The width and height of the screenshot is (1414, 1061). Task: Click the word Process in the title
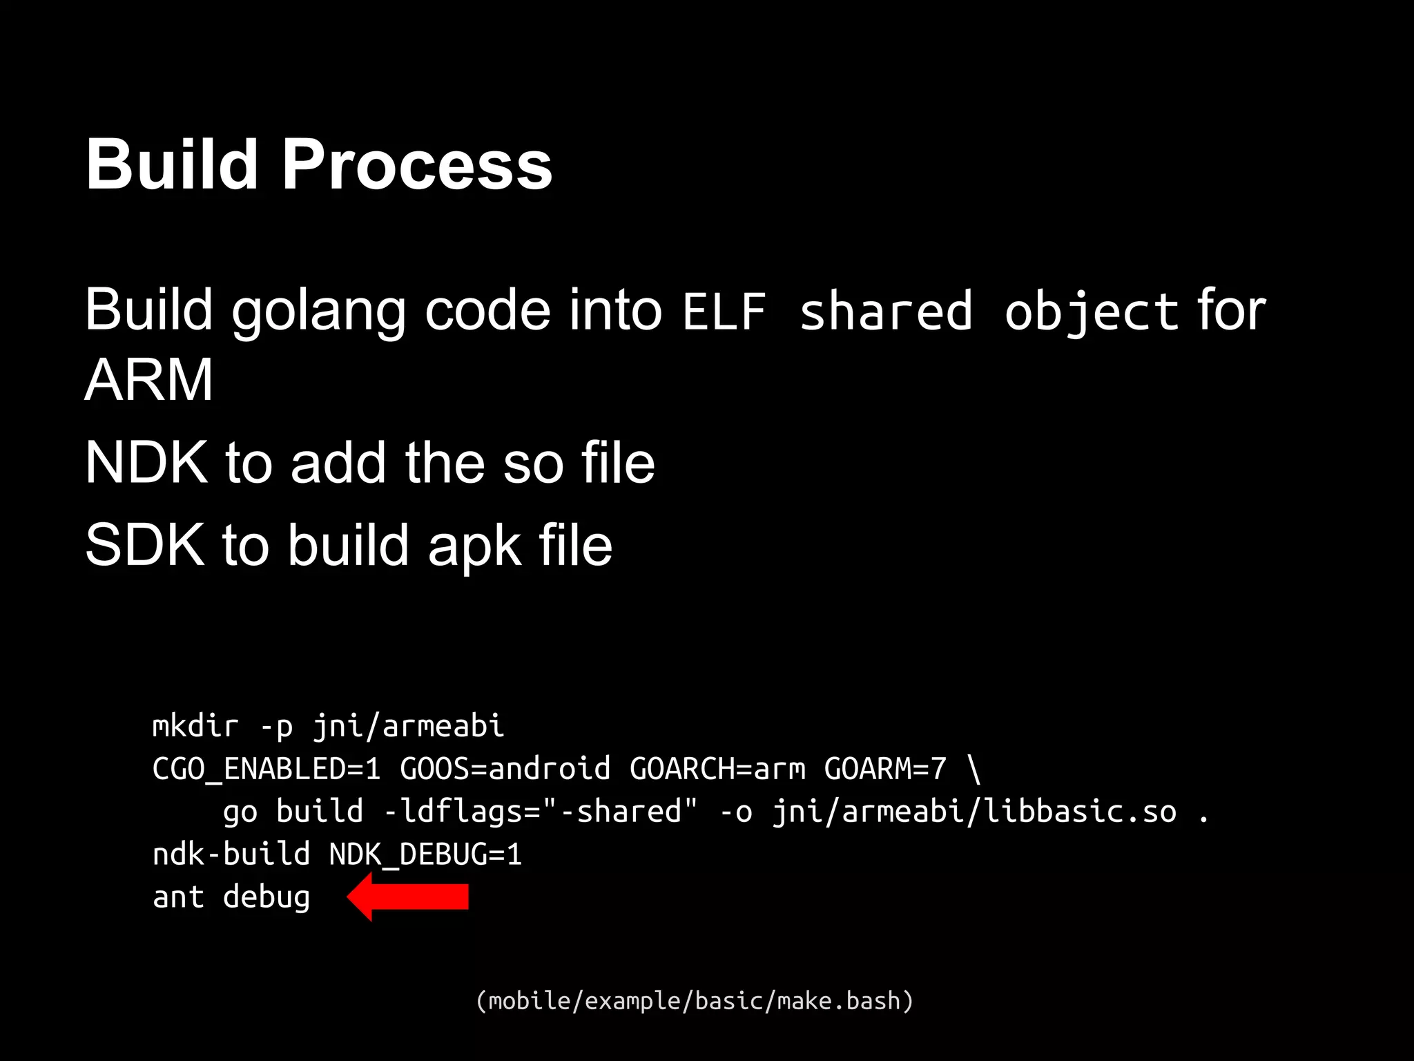coord(417,165)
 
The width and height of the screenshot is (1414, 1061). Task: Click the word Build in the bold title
coord(172,165)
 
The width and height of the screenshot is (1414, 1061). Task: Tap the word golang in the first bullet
coord(318,311)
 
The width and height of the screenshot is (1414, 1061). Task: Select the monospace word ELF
coord(724,312)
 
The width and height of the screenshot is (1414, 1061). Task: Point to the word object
coord(1092,312)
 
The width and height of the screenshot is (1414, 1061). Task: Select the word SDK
coord(144,545)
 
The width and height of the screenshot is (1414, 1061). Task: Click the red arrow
coord(409,897)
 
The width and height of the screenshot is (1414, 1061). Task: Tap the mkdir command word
coord(195,726)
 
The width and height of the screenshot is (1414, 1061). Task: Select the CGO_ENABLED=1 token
coord(267,769)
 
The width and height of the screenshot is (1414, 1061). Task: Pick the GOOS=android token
coord(505,769)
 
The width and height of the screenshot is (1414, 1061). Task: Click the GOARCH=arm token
coord(717,769)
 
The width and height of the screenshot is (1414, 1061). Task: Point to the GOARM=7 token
coord(885,769)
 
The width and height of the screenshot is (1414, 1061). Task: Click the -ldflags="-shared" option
coord(541,812)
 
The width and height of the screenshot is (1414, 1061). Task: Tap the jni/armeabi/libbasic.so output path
coord(974,812)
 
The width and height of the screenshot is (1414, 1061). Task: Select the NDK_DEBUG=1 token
coord(425,854)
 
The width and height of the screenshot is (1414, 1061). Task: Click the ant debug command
coord(231,897)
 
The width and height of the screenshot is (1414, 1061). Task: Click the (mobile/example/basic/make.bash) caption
coord(695,1000)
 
